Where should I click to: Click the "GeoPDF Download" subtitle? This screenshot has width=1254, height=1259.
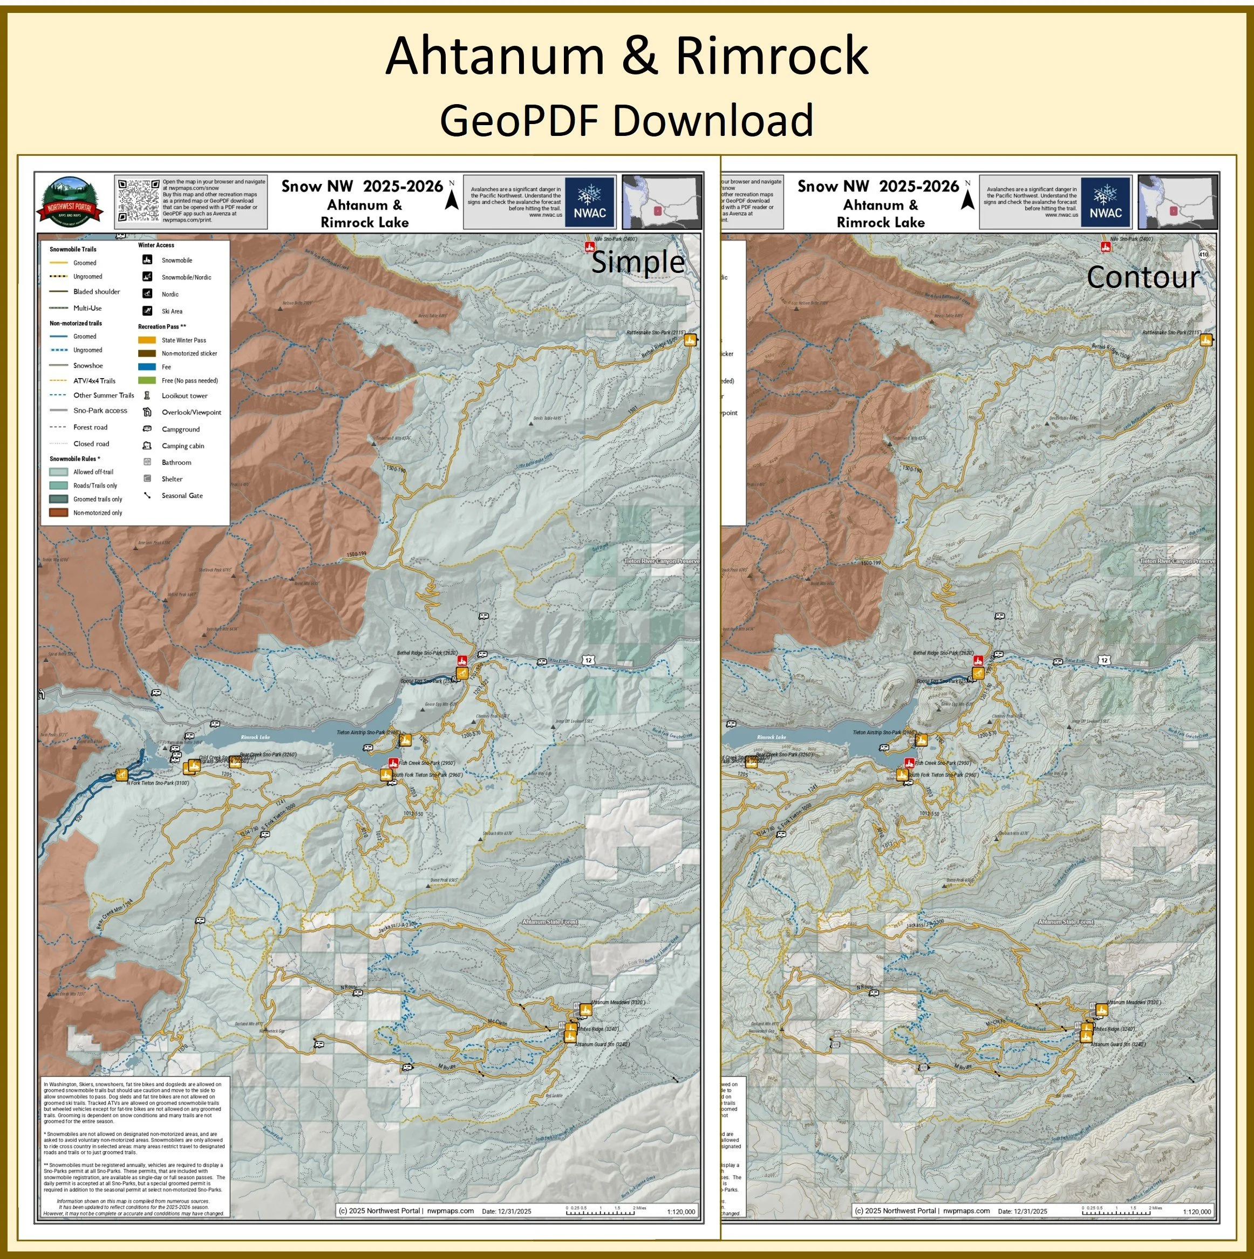pos(626,120)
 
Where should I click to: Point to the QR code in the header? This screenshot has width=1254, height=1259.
pos(139,201)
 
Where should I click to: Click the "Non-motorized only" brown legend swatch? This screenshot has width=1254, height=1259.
pos(59,513)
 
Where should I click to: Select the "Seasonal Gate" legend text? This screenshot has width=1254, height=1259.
pos(182,496)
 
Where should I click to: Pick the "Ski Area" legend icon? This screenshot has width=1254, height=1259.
pos(148,311)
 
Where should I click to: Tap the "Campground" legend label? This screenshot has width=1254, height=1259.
pos(181,429)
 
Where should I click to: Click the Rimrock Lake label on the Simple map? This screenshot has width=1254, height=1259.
pos(255,737)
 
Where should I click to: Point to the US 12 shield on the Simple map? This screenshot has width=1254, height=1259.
pos(589,660)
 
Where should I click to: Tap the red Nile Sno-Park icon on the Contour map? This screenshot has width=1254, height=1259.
pos(1106,247)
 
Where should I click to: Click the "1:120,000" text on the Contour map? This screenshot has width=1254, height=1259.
pos(1197,1212)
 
